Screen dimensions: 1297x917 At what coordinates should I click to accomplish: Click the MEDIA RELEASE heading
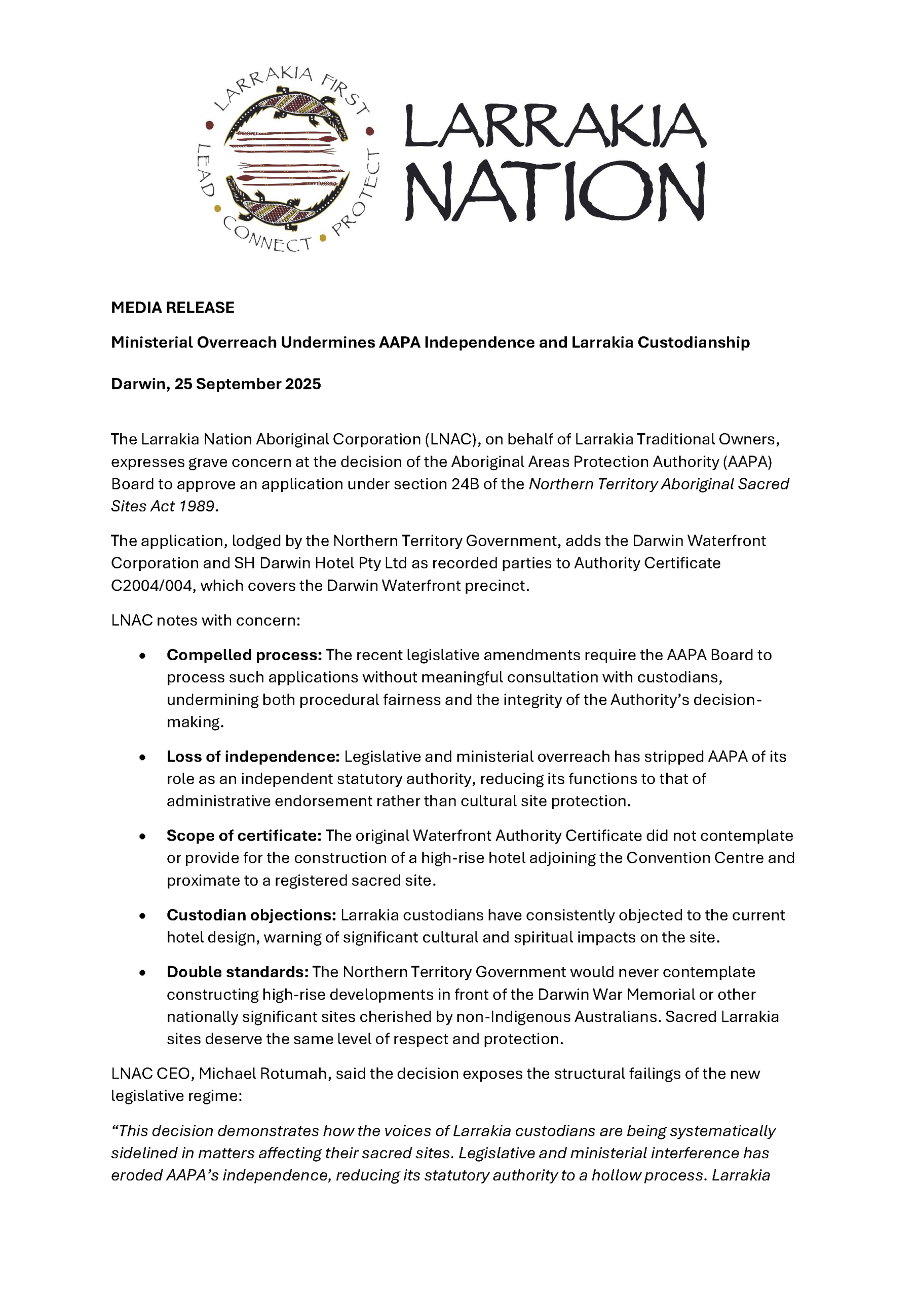coord(172,308)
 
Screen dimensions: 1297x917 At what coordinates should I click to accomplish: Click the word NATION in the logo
coord(555,192)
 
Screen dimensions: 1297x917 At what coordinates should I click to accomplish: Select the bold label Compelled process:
coord(244,655)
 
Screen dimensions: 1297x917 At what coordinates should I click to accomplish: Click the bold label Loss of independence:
coord(253,756)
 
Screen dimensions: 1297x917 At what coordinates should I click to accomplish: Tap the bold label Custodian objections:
coord(251,915)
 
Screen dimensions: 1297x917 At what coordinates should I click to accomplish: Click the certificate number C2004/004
coord(152,585)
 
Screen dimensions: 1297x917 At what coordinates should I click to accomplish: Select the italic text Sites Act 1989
coord(163,506)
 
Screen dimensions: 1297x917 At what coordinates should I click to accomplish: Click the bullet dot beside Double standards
coord(142,973)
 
